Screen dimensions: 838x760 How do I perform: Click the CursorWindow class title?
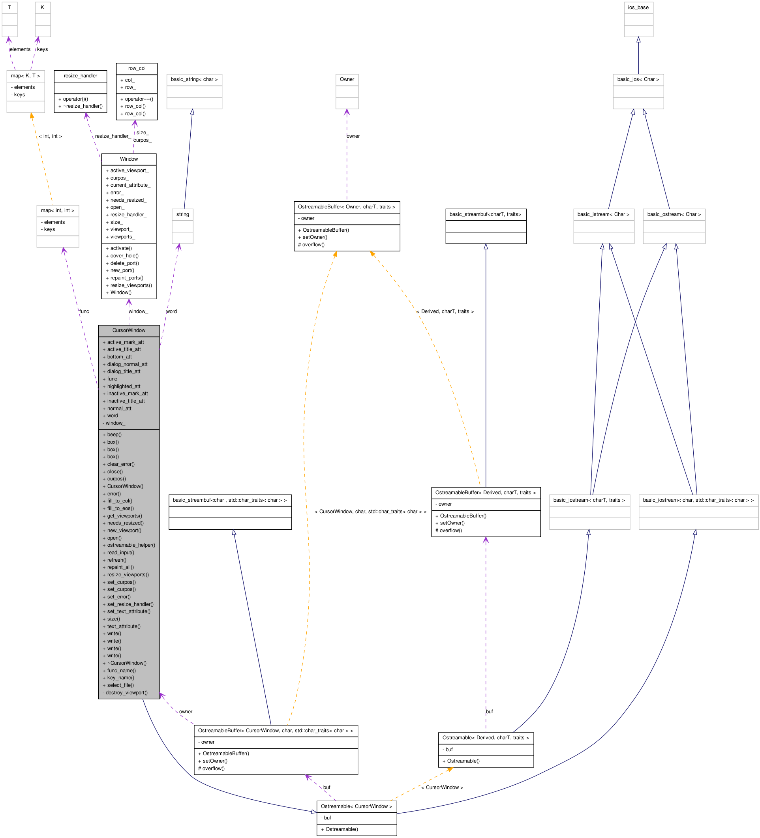128,330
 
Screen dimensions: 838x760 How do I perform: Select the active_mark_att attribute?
125,343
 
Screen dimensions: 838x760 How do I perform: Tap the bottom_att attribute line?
119,357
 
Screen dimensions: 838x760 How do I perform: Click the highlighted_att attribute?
124,386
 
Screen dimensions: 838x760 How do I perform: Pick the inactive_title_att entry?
126,401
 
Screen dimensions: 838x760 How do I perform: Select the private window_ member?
115,423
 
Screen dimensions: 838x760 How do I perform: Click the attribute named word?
112,416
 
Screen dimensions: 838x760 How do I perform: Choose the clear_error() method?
120,464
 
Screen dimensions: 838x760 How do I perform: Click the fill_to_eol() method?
119,501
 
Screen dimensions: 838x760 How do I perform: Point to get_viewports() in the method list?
124,516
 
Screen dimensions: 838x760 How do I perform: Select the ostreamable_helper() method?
131,546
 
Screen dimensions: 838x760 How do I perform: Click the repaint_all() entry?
120,567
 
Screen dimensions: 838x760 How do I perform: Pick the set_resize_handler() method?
130,604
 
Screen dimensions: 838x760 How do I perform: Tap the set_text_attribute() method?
128,612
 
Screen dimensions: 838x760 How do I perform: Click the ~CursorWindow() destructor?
126,664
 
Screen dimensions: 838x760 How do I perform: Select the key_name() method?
120,678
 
